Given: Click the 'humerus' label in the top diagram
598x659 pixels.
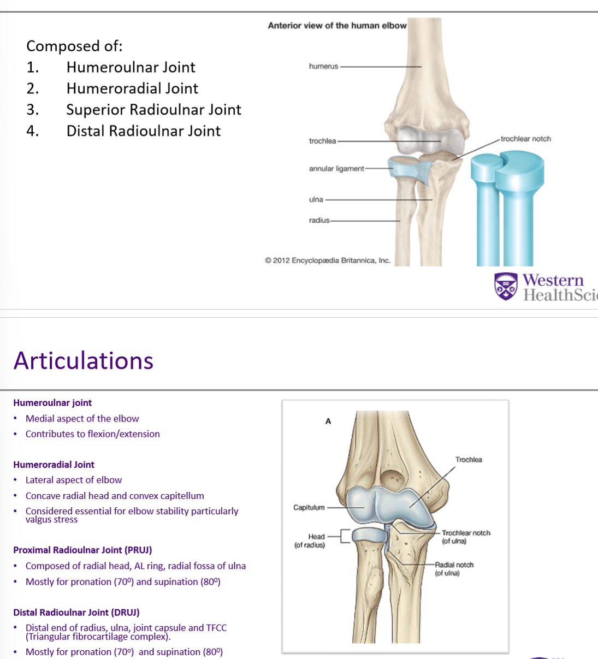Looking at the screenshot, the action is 323,67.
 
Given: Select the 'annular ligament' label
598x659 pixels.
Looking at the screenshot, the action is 336,169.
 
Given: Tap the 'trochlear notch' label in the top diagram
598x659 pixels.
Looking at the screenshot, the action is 525,139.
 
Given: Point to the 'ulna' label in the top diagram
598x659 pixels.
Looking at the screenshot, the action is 316,199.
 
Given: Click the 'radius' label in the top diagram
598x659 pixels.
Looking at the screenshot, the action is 319,220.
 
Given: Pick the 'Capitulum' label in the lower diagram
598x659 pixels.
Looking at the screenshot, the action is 309,507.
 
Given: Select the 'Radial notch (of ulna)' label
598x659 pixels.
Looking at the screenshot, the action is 454,568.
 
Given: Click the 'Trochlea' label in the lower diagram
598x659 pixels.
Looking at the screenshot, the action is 469,460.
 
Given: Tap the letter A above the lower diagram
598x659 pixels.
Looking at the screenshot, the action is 328,421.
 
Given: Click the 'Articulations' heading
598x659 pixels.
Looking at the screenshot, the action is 84,360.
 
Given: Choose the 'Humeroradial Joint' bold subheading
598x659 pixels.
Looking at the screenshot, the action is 54,465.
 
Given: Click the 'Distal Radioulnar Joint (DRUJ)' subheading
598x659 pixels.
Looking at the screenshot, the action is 76,612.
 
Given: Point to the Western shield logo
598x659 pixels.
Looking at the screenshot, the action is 506,286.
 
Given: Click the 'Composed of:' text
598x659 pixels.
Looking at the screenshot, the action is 74,46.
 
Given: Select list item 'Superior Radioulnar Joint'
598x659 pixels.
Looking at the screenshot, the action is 153,110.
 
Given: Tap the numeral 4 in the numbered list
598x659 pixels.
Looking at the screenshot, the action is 32,131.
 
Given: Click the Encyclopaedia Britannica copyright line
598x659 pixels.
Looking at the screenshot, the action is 328,260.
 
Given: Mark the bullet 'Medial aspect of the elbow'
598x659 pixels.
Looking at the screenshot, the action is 82,419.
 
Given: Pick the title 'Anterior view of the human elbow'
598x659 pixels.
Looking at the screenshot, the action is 337,25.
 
